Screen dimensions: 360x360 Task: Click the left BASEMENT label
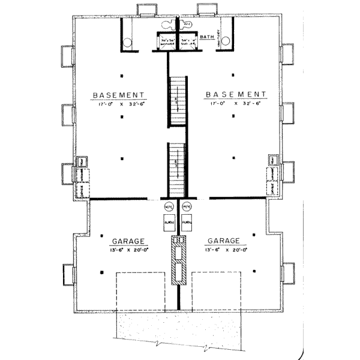(121, 95)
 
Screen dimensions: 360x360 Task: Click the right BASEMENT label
(235, 95)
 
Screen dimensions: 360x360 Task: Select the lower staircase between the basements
(176, 166)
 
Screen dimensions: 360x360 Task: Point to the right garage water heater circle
(186, 207)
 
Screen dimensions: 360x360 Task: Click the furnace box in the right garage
(187, 221)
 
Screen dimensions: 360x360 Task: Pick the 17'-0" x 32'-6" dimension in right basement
(235, 103)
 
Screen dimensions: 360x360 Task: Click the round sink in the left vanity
(127, 42)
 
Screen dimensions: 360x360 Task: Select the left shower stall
(166, 43)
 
